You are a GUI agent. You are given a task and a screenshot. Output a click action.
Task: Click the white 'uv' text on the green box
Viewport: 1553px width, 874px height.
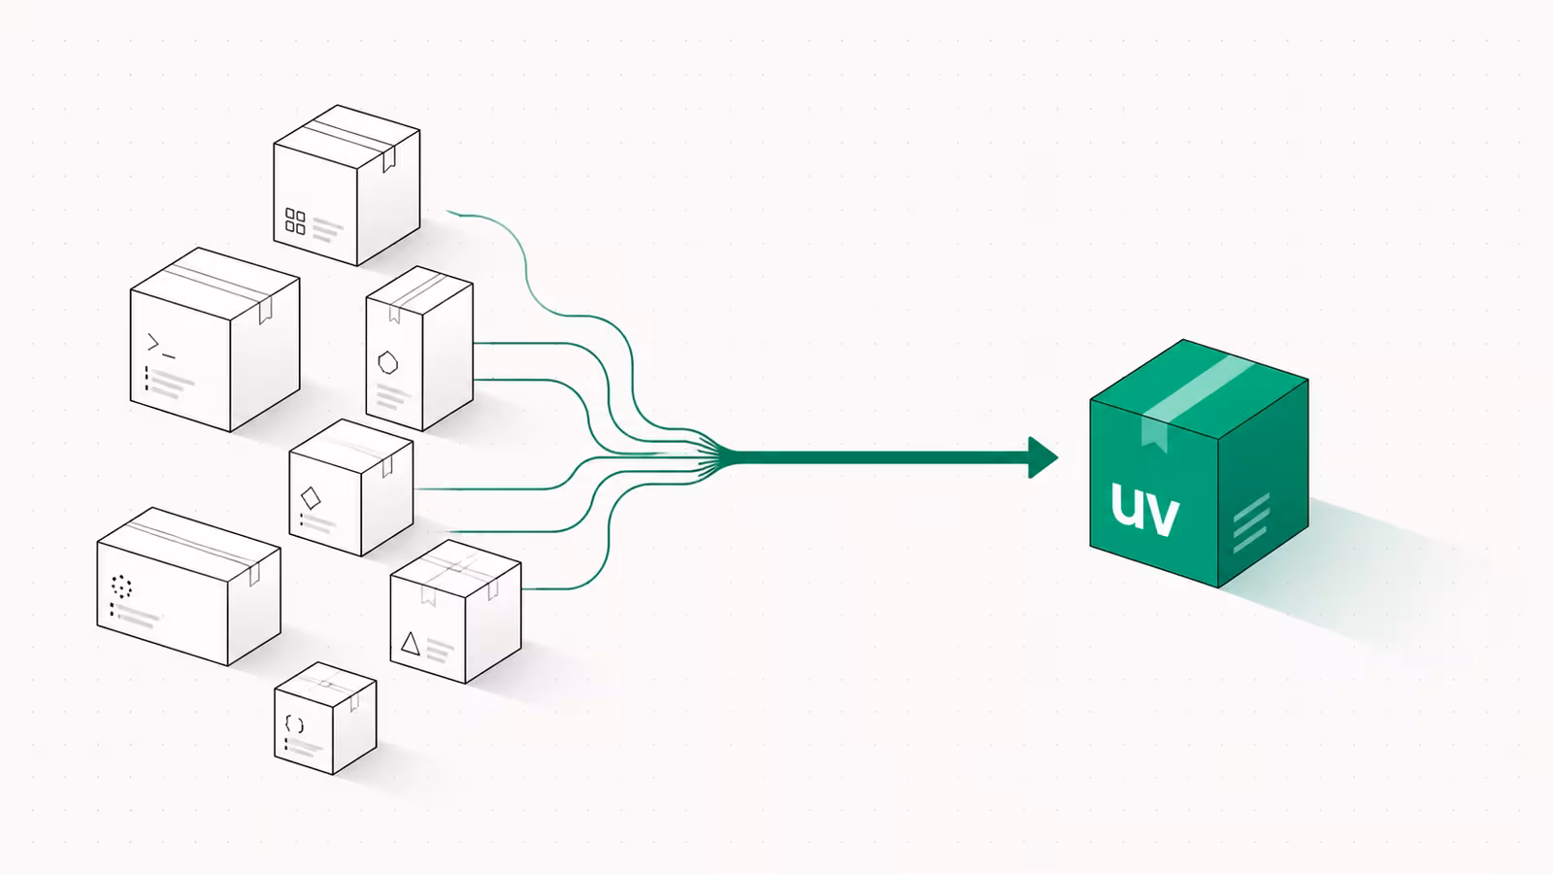coord(1144,509)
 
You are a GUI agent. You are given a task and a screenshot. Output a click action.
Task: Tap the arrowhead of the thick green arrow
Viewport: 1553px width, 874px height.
coord(1042,457)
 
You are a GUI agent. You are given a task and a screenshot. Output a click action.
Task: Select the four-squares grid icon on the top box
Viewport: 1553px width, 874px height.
coord(295,221)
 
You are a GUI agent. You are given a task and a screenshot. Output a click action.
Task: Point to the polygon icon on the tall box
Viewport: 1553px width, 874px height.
coord(387,362)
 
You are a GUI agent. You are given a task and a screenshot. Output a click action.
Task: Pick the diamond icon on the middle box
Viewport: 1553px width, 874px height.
coord(311,498)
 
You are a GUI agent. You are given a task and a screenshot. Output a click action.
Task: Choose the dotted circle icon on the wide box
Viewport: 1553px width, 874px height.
coord(121,587)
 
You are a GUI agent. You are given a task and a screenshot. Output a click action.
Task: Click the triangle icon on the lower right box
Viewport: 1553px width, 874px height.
coord(410,644)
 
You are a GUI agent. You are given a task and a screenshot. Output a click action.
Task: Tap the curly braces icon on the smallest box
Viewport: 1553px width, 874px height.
coord(294,724)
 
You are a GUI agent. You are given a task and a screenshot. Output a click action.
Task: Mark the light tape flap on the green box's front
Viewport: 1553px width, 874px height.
coord(1154,433)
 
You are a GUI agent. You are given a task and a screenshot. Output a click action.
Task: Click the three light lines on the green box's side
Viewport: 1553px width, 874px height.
coord(1251,523)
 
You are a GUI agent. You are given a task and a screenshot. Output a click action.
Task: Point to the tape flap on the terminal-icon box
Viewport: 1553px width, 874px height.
coord(265,310)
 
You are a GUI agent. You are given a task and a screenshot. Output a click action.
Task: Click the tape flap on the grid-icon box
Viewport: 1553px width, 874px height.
coord(389,159)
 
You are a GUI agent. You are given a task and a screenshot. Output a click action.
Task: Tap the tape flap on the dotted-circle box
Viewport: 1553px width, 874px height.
coord(254,574)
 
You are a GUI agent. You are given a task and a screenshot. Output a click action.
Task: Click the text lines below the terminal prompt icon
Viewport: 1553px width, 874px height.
coord(169,383)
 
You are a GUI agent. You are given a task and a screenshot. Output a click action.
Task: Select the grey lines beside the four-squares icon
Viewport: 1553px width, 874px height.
coord(328,230)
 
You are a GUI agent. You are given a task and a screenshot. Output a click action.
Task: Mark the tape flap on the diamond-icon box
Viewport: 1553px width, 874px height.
coord(387,467)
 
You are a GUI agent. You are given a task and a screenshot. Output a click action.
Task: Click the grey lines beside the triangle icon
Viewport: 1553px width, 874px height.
coord(439,652)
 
